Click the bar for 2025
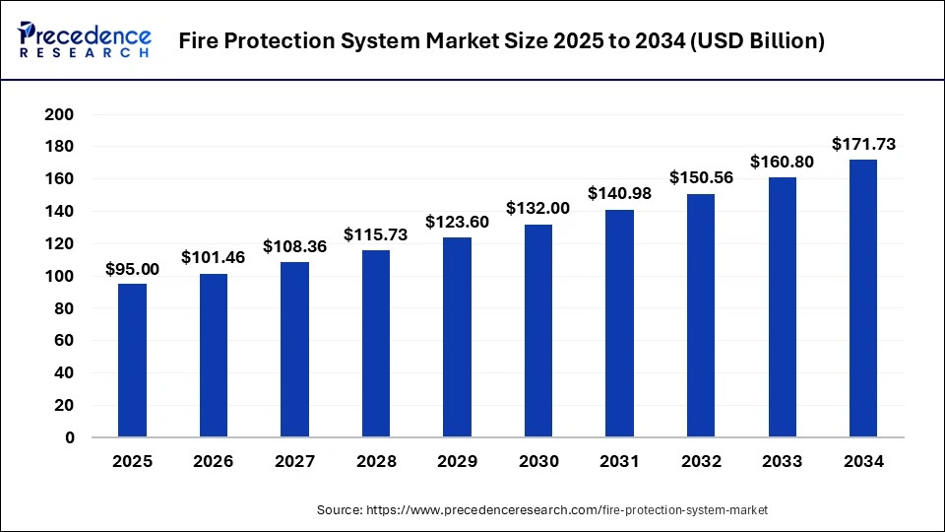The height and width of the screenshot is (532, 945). click(x=132, y=360)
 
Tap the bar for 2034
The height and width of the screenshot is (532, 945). click(x=863, y=298)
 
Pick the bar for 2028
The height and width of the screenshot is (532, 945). click(x=376, y=343)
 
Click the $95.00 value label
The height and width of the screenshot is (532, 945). click(x=132, y=269)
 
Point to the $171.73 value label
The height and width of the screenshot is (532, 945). click(x=863, y=144)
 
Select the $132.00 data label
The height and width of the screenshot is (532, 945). click(x=538, y=208)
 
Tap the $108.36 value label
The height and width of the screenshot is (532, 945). click(x=294, y=246)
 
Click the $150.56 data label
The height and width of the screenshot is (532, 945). click(x=701, y=178)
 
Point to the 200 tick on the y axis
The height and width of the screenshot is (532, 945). click(x=61, y=114)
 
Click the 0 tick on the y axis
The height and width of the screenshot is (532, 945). click(x=69, y=437)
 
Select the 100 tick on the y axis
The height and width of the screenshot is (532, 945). click(x=61, y=276)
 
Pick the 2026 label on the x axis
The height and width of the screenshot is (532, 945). click(x=214, y=461)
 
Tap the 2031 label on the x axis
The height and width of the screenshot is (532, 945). click(x=619, y=461)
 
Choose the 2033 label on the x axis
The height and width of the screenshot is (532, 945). click(x=782, y=461)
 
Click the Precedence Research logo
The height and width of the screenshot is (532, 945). click(x=85, y=40)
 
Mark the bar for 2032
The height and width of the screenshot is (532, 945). click(x=701, y=315)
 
